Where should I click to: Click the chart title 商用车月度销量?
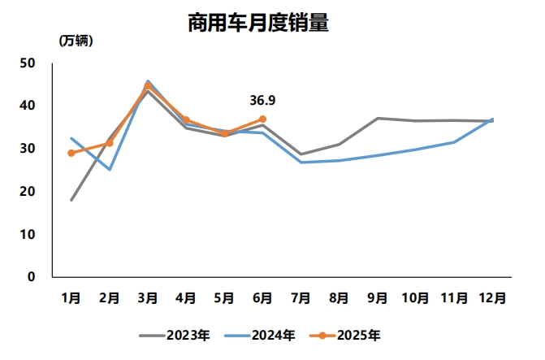pos(258,23)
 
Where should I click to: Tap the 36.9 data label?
pos(262,101)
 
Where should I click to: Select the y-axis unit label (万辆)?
pos(76,41)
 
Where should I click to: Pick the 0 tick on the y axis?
pos(32,276)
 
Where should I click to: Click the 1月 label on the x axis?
pos(71,297)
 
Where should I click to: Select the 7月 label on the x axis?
pos(301,297)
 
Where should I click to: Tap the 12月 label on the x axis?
pos(491,297)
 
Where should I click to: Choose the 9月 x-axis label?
pos(377,297)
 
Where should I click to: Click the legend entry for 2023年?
pos(175,334)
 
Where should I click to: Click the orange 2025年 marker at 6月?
pos(262,119)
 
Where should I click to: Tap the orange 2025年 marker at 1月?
pos(71,153)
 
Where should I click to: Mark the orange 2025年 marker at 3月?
pos(148,86)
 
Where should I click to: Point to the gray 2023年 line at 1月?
pos(71,200)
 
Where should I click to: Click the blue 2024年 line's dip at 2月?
pos(110,169)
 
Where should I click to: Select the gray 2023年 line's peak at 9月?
pos(377,118)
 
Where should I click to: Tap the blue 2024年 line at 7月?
pos(301,163)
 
